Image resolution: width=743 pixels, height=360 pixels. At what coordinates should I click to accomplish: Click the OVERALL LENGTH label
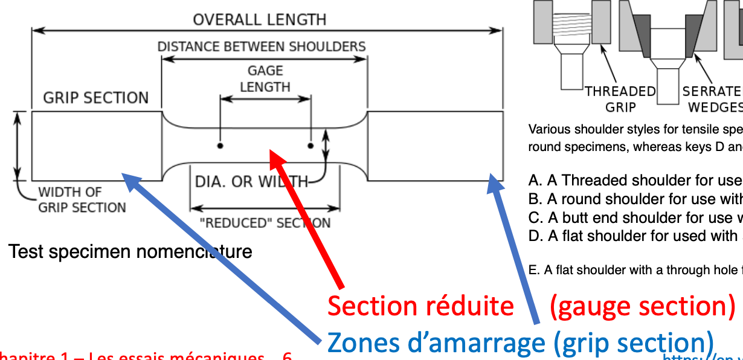(260, 19)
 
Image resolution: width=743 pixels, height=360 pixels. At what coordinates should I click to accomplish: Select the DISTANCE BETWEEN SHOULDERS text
(261, 47)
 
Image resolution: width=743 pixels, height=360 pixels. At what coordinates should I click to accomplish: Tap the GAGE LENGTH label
(265, 79)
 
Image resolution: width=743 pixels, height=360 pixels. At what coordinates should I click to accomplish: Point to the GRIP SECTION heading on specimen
(95, 98)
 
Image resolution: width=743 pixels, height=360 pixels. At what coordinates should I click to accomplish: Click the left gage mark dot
(220, 146)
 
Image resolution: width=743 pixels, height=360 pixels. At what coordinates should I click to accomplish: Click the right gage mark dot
(310, 146)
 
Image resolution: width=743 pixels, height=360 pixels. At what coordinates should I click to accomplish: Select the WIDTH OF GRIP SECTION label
(82, 200)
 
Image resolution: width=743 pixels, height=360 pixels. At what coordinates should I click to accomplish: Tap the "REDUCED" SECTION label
(265, 223)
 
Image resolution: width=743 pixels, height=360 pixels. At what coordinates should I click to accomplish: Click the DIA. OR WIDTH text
(251, 181)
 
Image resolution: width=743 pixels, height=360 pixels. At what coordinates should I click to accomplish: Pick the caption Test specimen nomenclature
(130, 251)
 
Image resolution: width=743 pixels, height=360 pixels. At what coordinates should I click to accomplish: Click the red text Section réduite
(420, 306)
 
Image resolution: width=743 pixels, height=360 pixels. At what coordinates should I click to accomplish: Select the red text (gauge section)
(642, 306)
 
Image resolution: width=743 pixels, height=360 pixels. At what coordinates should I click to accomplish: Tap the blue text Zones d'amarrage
(435, 343)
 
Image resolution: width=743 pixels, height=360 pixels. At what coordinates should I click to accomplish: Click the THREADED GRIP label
(620, 99)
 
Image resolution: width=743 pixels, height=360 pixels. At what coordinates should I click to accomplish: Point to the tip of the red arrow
(272, 155)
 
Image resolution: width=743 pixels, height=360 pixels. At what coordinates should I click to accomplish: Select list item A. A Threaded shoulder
(634, 180)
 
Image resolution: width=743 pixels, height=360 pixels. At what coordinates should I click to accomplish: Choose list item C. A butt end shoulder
(634, 217)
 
